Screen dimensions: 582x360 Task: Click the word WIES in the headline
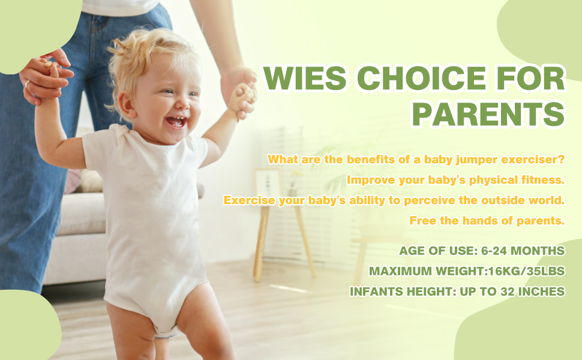[x=304, y=78]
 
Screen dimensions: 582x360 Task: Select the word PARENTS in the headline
[x=488, y=114]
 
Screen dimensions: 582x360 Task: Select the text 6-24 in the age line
[x=494, y=251]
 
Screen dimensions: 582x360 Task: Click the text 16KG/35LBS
[x=527, y=271]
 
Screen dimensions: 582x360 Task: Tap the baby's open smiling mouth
[x=176, y=122]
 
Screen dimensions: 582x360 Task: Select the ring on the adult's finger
[x=27, y=84]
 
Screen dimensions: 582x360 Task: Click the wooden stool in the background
[x=284, y=238]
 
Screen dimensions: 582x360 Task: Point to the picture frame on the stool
[x=267, y=184]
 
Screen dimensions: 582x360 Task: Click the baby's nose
[x=182, y=103]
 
